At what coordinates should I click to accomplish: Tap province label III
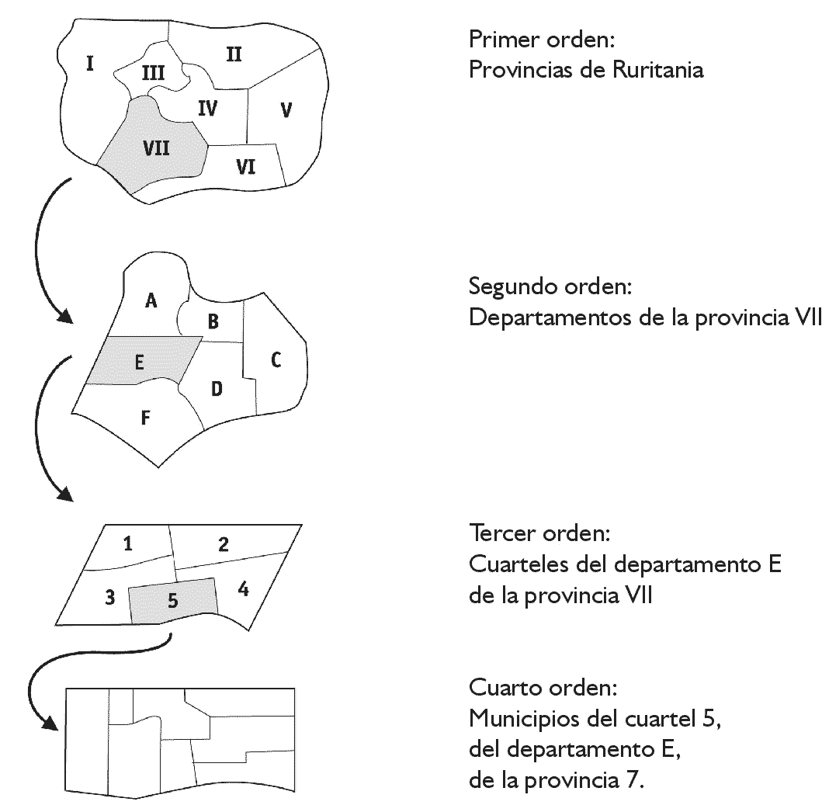tap(153, 73)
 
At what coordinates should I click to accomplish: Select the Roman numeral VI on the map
tap(246, 166)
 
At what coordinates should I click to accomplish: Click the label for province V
tap(286, 110)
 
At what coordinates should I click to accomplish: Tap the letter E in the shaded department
tap(139, 361)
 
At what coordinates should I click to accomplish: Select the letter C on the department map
tap(276, 359)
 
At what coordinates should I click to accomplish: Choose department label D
tap(217, 389)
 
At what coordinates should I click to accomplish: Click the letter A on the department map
tap(151, 300)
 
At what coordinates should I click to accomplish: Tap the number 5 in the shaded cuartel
tap(172, 600)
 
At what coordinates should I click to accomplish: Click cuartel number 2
tap(224, 544)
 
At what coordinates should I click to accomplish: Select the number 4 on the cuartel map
tap(244, 590)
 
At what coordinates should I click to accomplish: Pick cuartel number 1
tap(128, 543)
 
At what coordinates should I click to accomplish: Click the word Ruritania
tap(657, 70)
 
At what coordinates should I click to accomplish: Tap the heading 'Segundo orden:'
tap(550, 286)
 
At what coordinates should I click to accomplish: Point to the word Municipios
tap(525, 719)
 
